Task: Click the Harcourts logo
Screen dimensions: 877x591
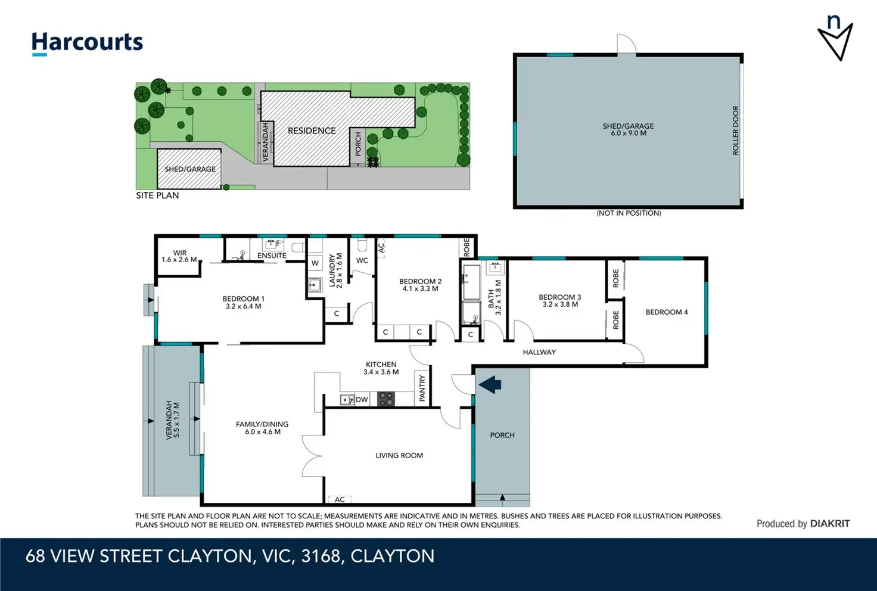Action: pyautogui.click(x=88, y=43)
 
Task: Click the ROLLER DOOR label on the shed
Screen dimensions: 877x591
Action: pyautogui.click(x=735, y=130)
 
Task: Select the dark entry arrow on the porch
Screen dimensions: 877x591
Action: pyautogui.click(x=490, y=384)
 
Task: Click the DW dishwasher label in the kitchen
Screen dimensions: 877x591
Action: pyautogui.click(x=362, y=400)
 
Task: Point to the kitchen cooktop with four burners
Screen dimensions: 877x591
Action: pyautogui.click(x=385, y=399)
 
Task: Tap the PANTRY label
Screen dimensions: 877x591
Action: pyautogui.click(x=422, y=388)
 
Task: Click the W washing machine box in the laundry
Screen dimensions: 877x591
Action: pyautogui.click(x=315, y=263)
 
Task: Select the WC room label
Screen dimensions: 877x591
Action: pyautogui.click(x=362, y=260)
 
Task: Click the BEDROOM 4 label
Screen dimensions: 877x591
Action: pyautogui.click(x=667, y=312)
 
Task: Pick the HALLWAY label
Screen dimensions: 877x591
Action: pyautogui.click(x=539, y=352)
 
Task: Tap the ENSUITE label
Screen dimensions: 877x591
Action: pyautogui.click(x=272, y=256)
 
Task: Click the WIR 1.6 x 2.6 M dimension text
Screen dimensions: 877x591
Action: pyautogui.click(x=179, y=260)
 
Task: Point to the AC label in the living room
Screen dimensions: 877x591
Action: pyautogui.click(x=340, y=499)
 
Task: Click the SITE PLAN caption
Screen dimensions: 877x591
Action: pyautogui.click(x=157, y=195)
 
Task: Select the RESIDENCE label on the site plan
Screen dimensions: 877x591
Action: pyautogui.click(x=312, y=130)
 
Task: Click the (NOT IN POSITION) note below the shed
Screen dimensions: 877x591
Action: pyautogui.click(x=629, y=213)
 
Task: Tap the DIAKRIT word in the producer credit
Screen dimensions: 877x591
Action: pyautogui.click(x=830, y=524)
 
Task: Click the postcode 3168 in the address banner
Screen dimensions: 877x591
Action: pyautogui.click(x=321, y=556)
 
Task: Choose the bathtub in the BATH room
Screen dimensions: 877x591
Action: pyautogui.click(x=471, y=282)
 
